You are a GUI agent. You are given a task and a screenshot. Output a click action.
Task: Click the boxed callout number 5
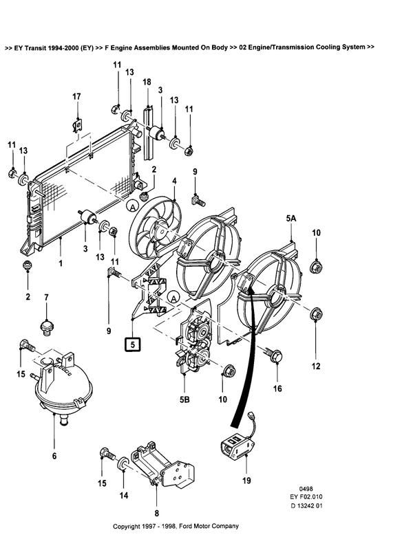coord(133,344)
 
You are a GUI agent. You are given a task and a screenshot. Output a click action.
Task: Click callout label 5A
coord(291,219)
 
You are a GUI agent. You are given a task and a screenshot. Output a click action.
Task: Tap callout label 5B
coord(184,399)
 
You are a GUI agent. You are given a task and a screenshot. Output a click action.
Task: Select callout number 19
coord(247,480)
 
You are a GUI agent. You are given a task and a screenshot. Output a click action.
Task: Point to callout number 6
coord(54,456)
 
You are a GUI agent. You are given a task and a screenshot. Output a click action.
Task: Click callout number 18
coord(147,82)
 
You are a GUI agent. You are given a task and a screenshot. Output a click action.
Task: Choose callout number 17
coord(76,96)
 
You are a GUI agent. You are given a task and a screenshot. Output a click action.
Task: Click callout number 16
coord(277,388)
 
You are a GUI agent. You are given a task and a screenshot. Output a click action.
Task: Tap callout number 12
coord(316,366)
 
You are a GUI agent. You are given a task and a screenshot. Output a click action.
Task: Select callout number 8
coord(156,513)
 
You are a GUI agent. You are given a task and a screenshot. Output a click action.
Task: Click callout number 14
coord(124,495)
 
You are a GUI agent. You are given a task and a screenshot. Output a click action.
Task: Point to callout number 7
coord(46,297)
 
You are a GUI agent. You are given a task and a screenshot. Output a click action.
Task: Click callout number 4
coord(174,181)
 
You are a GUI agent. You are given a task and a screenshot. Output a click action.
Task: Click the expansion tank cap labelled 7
coord(46,327)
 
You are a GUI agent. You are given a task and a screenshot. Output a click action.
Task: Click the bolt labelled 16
coord(274,355)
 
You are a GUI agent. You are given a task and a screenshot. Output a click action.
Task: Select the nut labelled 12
coord(316,315)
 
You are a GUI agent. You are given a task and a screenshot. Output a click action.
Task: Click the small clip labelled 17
coord(78,125)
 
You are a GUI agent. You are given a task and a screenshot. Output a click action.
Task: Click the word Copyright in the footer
coord(127,526)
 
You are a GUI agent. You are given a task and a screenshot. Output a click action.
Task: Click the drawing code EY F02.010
coord(306,496)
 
